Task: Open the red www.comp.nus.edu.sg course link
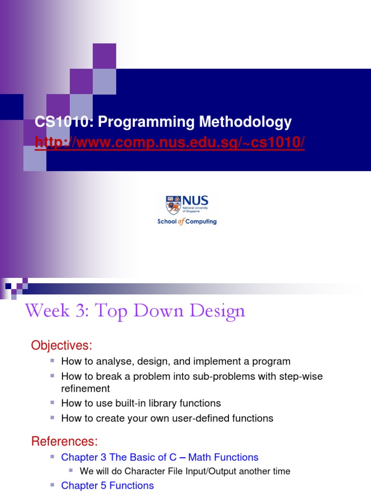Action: click(170, 143)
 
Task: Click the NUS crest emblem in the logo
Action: click(172, 205)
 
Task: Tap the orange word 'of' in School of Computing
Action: click(182, 222)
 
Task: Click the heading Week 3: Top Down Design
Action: click(135, 311)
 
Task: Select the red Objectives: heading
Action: click(61, 345)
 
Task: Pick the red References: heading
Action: click(64, 441)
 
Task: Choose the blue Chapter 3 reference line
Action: click(159, 457)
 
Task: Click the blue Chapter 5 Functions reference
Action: click(107, 485)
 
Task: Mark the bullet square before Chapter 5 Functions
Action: click(53, 484)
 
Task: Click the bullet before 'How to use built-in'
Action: click(53, 402)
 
